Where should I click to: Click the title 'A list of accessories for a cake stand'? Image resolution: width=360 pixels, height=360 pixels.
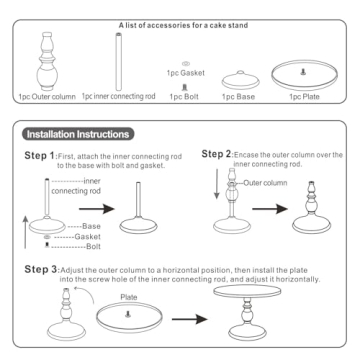[184, 25]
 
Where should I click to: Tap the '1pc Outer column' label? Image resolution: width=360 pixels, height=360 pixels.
[47, 97]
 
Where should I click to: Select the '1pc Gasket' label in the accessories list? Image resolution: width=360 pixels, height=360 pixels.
[186, 73]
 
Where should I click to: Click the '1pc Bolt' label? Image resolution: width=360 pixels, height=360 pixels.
[184, 97]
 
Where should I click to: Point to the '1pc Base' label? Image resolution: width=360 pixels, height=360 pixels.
[238, 97]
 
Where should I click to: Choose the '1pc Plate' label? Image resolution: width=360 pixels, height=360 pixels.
[304, 97]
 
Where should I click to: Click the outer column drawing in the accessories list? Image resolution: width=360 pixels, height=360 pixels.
[47, 61]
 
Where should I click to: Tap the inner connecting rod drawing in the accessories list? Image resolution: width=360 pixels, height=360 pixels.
[118, 61]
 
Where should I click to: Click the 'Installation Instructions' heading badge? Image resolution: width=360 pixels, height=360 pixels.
[78, 134]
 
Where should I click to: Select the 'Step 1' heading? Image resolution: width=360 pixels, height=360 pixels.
[39, 156]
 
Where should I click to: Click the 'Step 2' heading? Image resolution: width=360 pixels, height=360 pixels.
[216, 154]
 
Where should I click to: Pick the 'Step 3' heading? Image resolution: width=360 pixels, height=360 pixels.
[39, 270]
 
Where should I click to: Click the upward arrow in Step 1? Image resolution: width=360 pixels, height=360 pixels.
[25, 232]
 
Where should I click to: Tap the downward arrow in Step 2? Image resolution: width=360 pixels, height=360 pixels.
[217, 184]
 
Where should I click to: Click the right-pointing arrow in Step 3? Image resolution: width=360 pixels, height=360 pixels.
[190, 319]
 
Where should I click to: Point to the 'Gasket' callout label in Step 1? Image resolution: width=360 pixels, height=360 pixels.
[87, 237]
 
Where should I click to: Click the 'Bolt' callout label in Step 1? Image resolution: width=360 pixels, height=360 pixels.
[93, 247]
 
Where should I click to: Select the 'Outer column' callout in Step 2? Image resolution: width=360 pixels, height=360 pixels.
[265, 183]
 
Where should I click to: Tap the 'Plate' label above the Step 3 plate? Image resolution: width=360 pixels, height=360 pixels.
[129, 297]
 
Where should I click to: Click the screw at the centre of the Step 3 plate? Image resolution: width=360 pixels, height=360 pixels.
[127, 314]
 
